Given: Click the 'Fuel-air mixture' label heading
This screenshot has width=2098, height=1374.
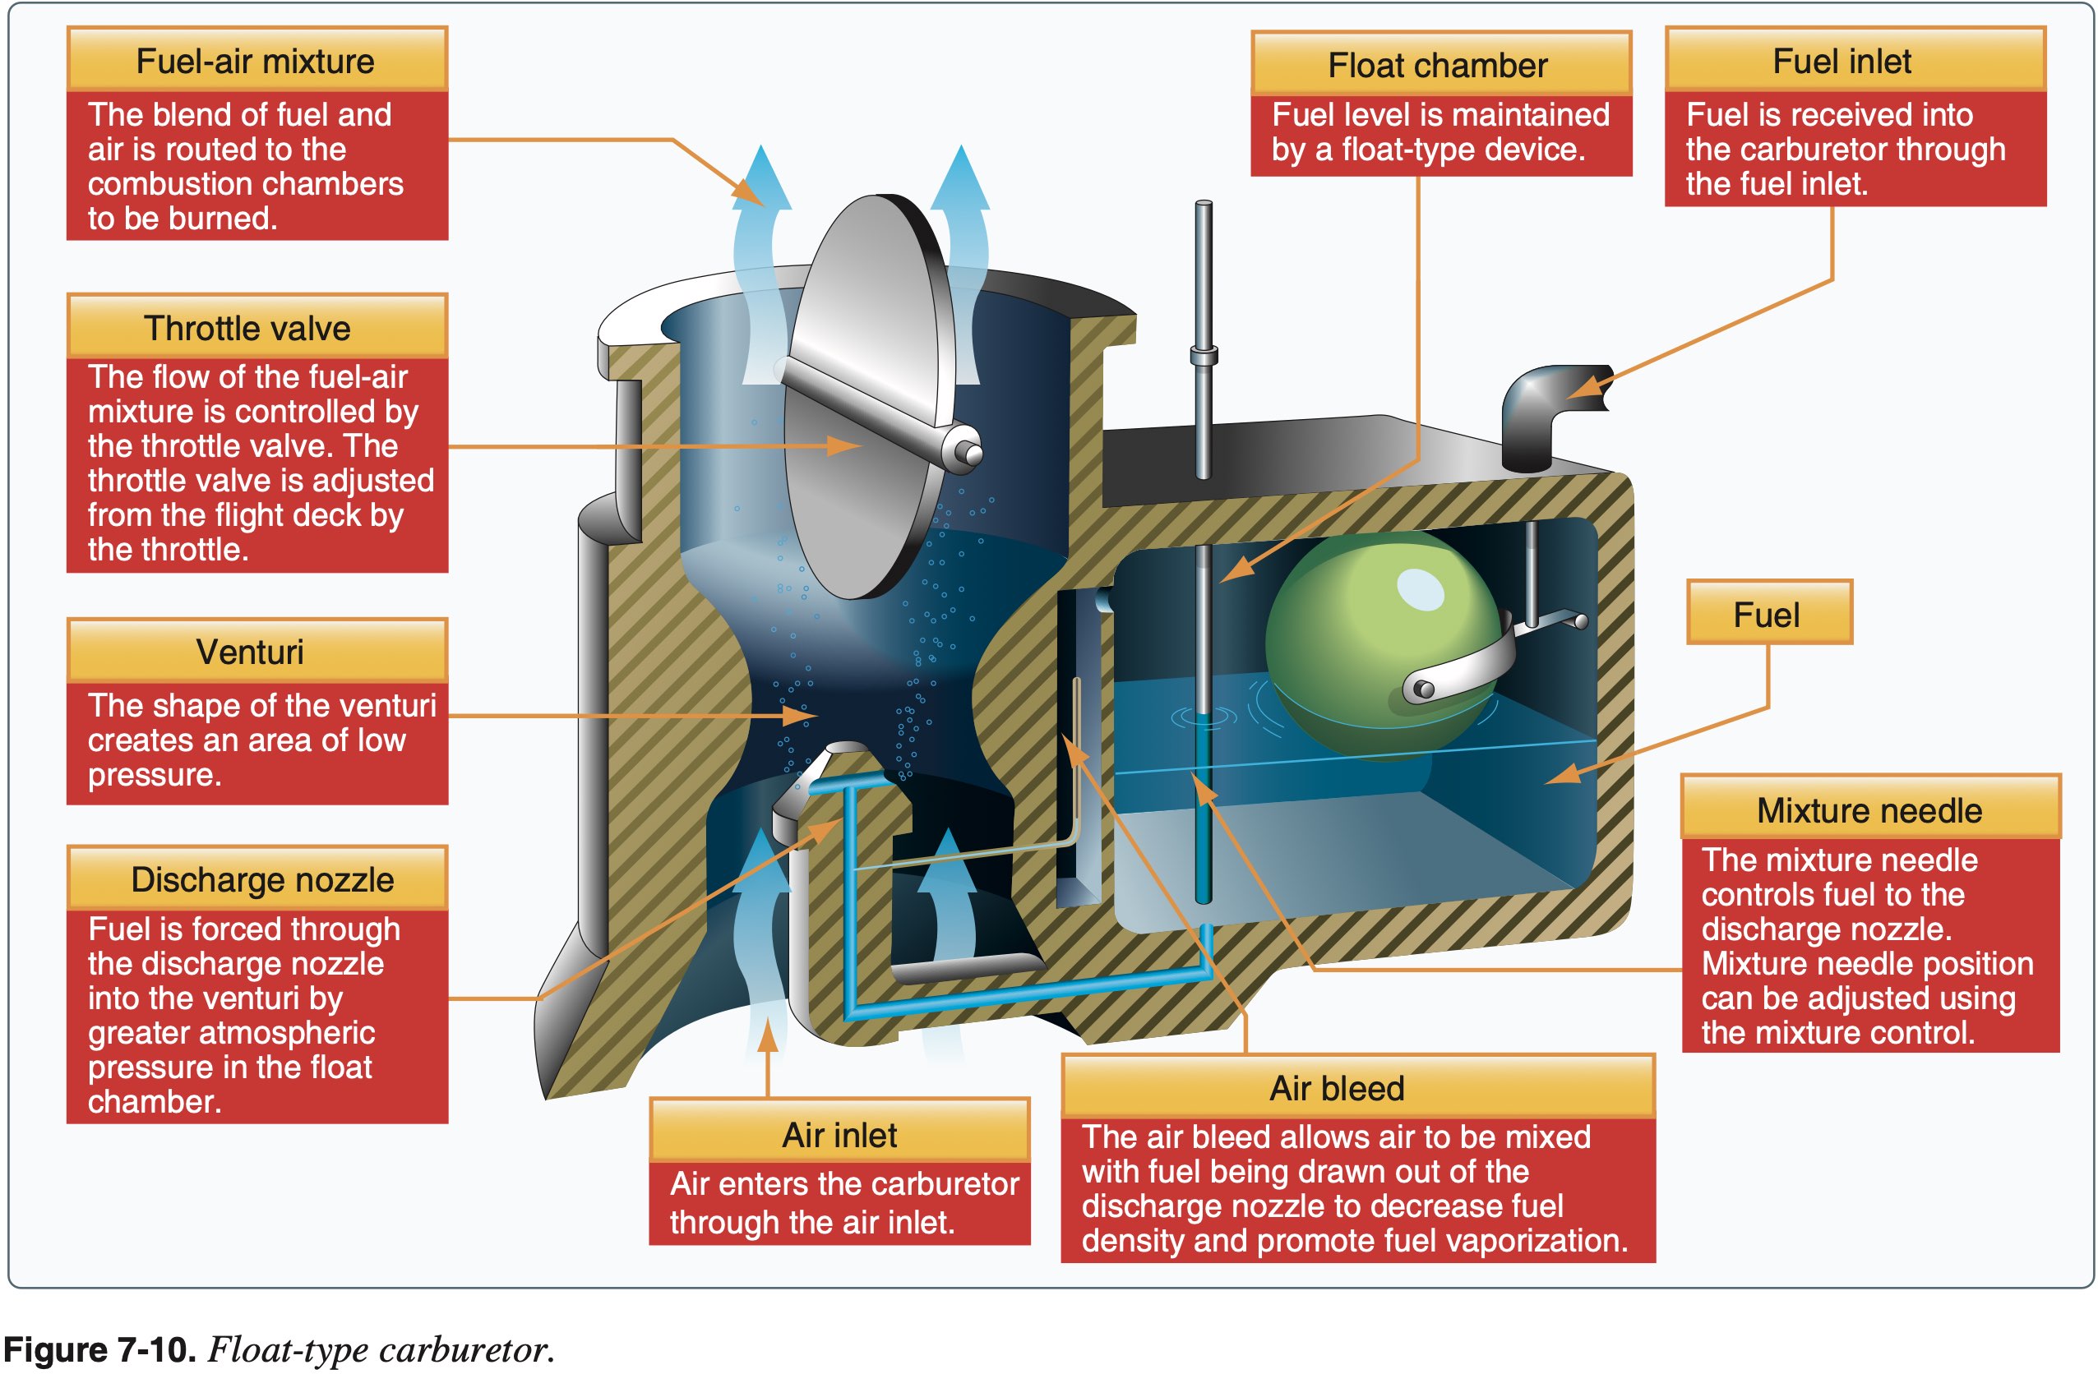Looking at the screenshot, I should click(x=256, y=61).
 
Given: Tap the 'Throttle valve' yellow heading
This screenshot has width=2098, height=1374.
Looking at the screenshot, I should click(x=247, y=328).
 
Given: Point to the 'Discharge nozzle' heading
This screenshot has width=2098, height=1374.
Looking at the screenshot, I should click(x=261, y=879).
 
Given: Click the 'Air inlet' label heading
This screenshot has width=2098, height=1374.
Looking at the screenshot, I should click(x=839, y=1135).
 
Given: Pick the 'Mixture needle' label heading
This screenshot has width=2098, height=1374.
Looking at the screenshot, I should click(x=1869, y=810).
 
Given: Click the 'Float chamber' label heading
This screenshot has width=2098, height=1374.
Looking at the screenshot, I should click(x=1438, y=65).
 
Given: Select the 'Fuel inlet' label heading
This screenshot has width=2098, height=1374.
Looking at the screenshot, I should click(x=1842, y=61).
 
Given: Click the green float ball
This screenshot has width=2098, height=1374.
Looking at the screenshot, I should click(x=1375, y=634).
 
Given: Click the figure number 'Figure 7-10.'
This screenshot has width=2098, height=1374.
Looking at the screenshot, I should click(x=99, y=1349).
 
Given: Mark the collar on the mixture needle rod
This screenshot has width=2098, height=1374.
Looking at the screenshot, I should click(x=1204, y=356).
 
